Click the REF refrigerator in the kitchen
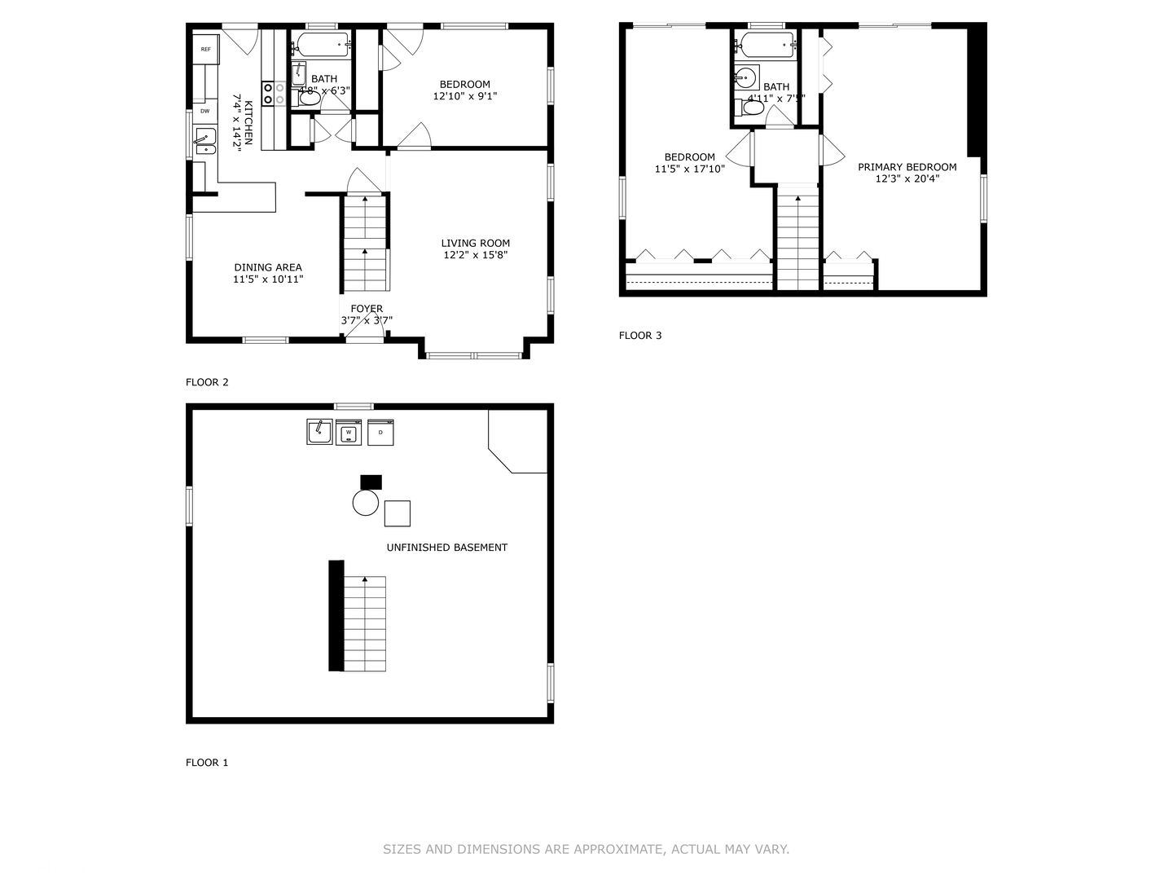(x=206, y=50)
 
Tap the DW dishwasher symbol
(x=204, y=111)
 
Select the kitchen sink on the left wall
(x=204, y=141)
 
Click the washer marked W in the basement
(x=349, y=432)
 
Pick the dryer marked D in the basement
(x=380, y=432)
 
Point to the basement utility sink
(x=319, y=431)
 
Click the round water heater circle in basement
(x=366, y=503)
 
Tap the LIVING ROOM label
(x=476, y=243)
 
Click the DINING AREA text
(x=268, y=267)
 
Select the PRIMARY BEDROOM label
(x=907, y=167)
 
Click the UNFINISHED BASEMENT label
(x=446, y=548)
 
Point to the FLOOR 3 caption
(x=640, y=335)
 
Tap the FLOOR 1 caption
(x=207, y=763)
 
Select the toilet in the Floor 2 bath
(x=308, y=99)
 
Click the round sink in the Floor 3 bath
(x=746, y=79)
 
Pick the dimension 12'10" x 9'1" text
(x=465, y=96)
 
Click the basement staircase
(x=364, y=623)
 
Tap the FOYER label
(x=367, y=309)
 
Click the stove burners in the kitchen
(x=273, y=93)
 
